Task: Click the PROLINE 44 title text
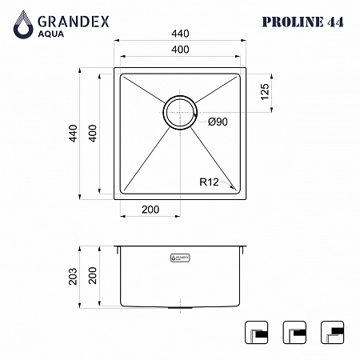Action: pyautogui.click(x=303, y=22)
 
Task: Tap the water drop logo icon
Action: pyautogui.click(x=23, y=25)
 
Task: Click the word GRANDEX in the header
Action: pyautogui.click(x=74, y=22)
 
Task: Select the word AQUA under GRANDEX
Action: pyautogui.click(x=51, y=34)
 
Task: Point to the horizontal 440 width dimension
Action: pyautogui.click(x=180, y=34)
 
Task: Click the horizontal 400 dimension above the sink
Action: pyautogui.click(x=180, y=50)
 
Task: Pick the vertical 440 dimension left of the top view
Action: pyautogui.click(x=73, y=134)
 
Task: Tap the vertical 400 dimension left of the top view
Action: pyautogui.click(x=92, y=134)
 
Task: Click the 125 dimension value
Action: pyautogui.click(x=265, y=92)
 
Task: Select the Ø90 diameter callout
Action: pyautogui.click(x=218, y=122)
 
